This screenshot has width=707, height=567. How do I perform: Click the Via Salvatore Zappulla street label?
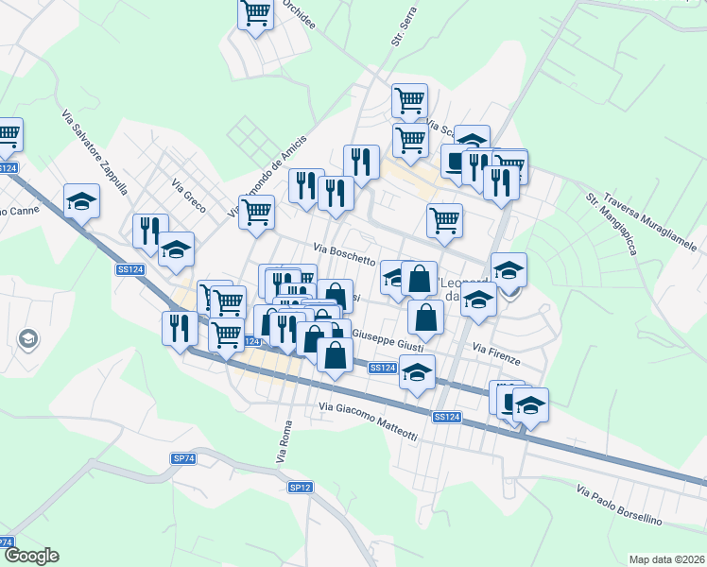click(95, 152)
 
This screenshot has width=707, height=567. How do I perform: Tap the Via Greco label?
click(189, 196)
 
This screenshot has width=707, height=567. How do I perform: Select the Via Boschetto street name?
click(345, 253)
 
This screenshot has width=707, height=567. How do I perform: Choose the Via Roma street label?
click(285, 441)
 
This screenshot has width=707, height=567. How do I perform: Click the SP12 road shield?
click(300, 487)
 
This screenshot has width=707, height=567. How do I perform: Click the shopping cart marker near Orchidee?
click(255, 13)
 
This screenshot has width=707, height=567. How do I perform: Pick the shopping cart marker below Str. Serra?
click(409, 99)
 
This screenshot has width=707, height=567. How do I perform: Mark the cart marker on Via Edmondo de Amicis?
click(256, 213)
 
